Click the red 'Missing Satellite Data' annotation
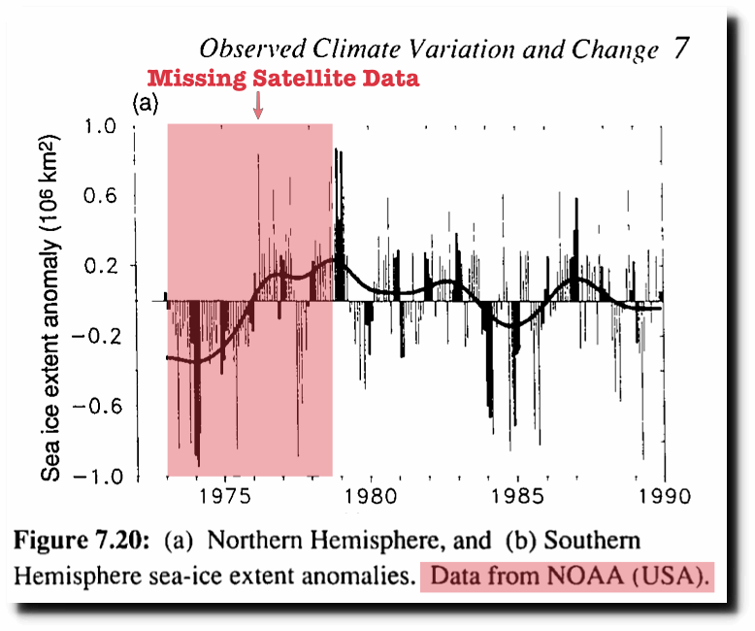pos(282,79)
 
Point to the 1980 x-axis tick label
pos(372,495)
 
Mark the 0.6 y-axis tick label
pos(100,195)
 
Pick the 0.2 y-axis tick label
pos(100,265)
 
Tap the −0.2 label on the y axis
pos(95,336)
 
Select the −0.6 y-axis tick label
pos(95,406)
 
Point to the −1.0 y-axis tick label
pos(95,476)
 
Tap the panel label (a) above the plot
pos(145,102)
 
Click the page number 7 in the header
pos(682,50)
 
